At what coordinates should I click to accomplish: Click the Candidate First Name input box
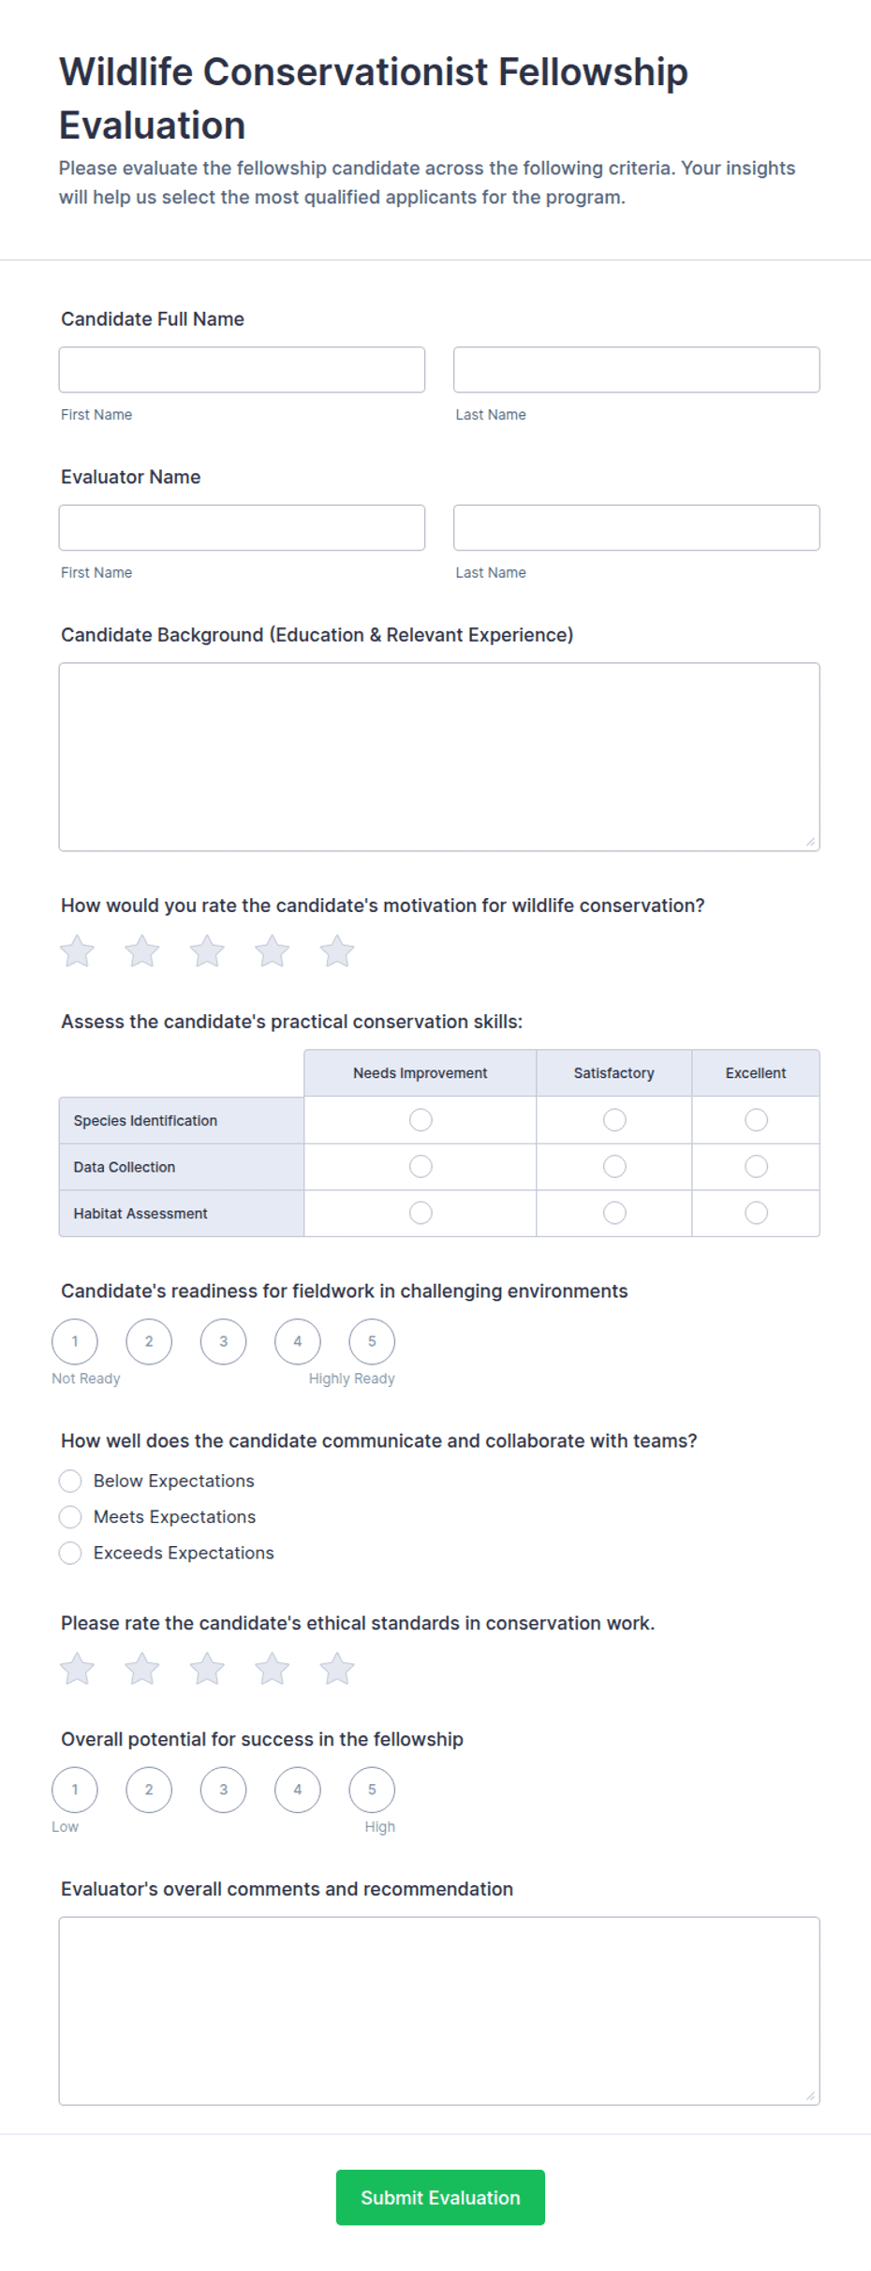tap(242, 370)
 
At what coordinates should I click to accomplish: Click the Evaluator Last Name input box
tap(636, 528)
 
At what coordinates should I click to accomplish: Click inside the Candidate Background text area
tap(438, 757)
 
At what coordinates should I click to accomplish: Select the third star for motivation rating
tap(207, 951)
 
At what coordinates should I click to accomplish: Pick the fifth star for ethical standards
tap(337, 1669)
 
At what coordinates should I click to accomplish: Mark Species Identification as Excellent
tap(756, 1120)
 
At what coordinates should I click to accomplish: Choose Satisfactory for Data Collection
tap(614, 1167)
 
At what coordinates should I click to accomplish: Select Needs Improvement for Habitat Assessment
tap(421, 1214)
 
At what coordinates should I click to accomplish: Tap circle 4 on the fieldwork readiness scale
tap(298, 1342)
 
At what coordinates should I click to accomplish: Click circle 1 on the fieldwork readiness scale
tap(75, 1342)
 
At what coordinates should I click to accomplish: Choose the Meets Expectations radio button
tap(70, 1517)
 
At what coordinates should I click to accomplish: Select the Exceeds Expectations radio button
tap(70, 1554)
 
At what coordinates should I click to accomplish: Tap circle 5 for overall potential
tap(372, 1791)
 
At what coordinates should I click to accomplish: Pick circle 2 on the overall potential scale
tap(149, 1791)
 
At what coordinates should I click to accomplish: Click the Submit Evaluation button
tap(440, 2198)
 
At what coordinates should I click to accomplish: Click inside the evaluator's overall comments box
tap(438, 2011)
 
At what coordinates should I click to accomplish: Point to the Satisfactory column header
tap(613, 1073)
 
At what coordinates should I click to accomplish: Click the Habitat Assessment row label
tap(140, 1214)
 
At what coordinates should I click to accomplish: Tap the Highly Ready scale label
tap(352, 1379)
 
